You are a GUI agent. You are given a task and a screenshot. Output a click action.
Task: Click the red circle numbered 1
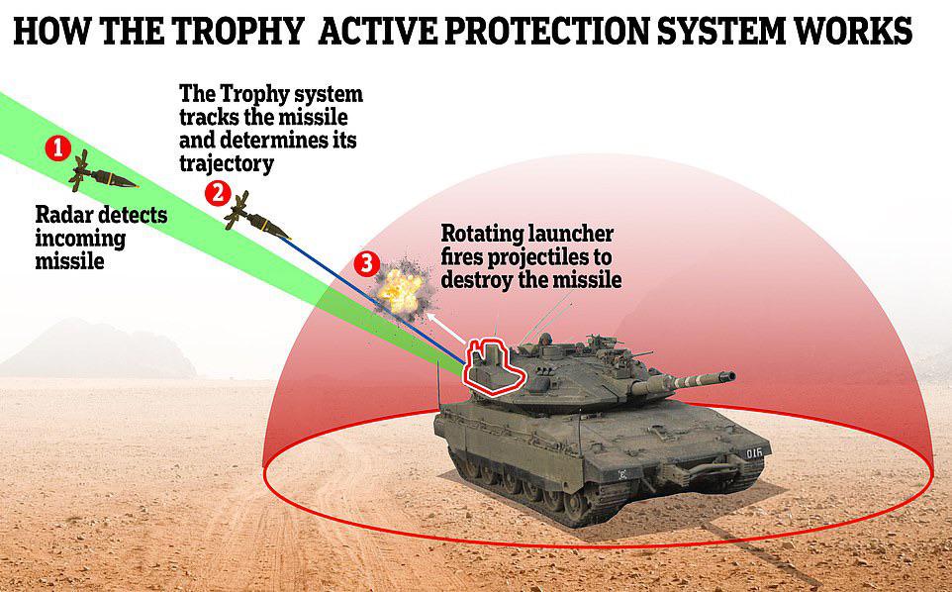point(58,149)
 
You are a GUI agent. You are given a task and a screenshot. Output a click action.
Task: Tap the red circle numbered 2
point(217,192)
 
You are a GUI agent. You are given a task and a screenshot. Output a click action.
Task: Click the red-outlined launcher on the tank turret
point(493,367)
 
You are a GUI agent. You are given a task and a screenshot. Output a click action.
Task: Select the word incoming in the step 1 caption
point(80,238)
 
